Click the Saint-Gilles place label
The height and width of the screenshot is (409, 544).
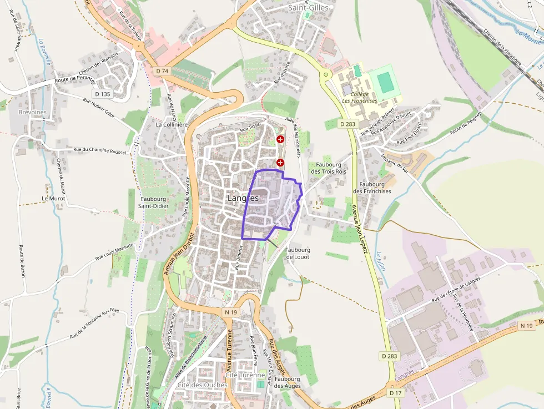coord(308,8)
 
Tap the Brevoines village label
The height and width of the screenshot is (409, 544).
coord(32,112)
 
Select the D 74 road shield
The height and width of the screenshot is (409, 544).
coord(162,71)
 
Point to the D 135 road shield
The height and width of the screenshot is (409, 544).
coord(103,94)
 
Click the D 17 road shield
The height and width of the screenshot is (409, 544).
coord(395,393)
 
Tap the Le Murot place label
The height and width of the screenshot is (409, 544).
coord(53,198)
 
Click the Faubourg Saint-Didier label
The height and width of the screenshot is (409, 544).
coord(154,203)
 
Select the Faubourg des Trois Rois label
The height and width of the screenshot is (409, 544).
coord(328,168)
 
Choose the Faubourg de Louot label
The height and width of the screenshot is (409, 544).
coord(298,253)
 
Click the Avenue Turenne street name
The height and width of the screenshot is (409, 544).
coord(229,350)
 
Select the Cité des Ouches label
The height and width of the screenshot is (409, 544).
coord(203,385)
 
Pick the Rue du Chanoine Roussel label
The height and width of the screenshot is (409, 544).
coord(100,150)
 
